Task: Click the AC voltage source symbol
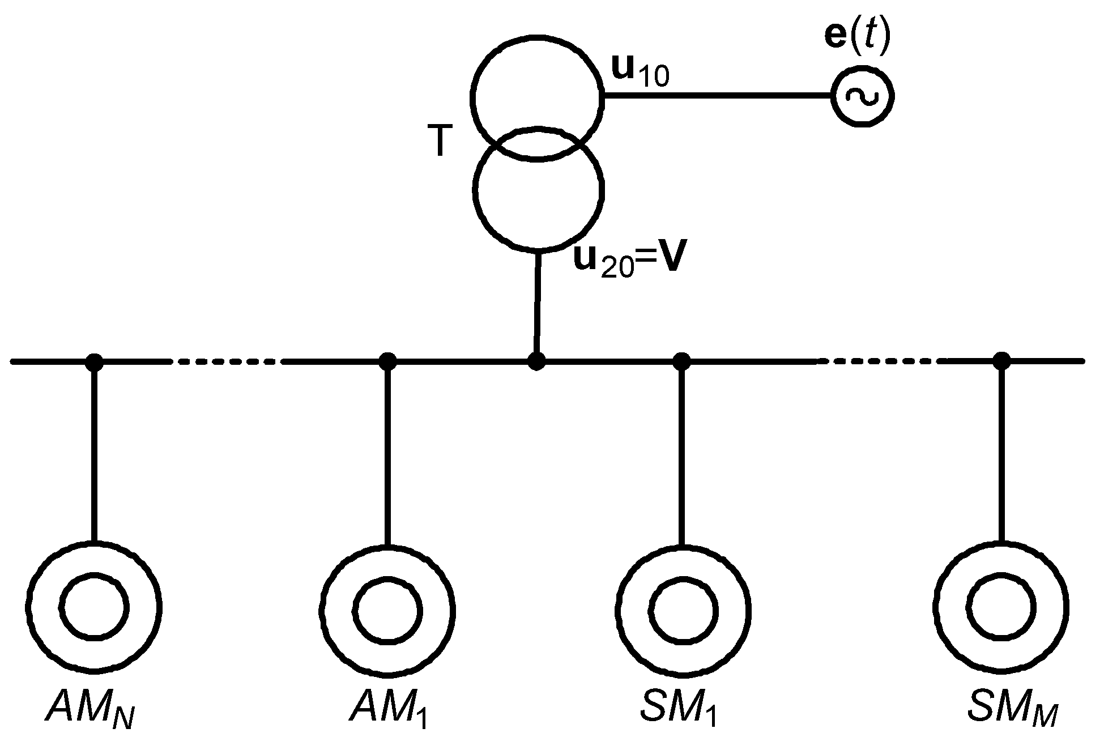pos(862,96)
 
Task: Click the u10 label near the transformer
pos(641,71)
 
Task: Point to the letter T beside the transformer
pos(441,142)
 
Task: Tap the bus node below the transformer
pos(536,361)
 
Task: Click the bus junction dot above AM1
pos(387,361)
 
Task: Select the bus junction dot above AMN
pos(94,361)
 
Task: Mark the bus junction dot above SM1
pos(681,361)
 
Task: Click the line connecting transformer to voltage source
pos(717,96)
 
